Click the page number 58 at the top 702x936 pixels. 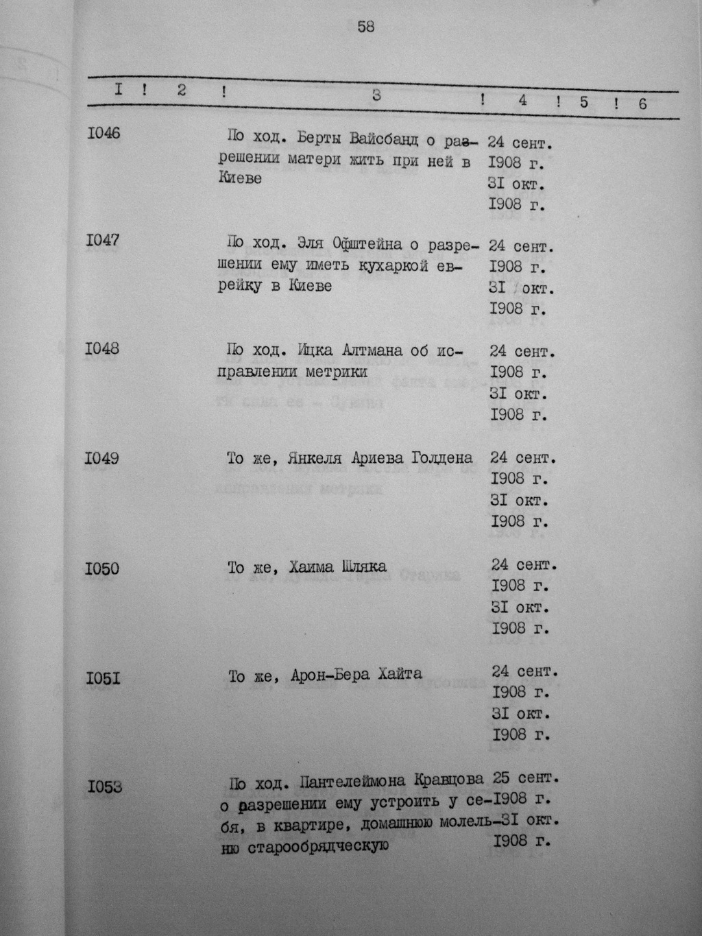point(365,27)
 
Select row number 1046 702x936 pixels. point(104,133)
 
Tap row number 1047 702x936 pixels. point(103,240)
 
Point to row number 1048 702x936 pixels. point(102,348)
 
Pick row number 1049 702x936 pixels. point(102,457)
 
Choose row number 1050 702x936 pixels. point(102,568)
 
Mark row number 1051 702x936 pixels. point(103,679)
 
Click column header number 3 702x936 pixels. point(376,96)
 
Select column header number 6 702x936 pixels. point(642,104)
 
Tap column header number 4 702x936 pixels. point(522,100)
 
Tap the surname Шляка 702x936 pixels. point(363,567)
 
